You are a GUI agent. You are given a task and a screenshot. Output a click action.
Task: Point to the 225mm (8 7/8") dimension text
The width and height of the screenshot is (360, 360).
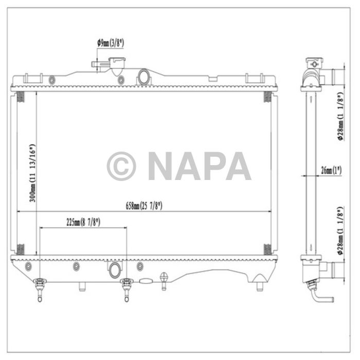(x=83, y=222)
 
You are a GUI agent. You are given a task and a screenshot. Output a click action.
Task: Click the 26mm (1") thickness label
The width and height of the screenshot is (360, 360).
(x=331, y=170)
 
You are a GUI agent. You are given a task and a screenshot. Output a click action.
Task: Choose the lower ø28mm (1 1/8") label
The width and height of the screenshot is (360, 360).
(x=340, y=231)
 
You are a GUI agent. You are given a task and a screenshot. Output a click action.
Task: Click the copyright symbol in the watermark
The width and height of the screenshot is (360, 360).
(x=121, y=166)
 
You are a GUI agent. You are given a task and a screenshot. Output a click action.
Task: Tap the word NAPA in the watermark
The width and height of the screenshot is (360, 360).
(x=199, y=166)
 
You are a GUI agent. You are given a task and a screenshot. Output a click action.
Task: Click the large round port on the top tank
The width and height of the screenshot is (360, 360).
(x=143, y=78)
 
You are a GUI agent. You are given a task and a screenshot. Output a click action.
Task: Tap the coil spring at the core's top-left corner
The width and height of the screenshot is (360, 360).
(x=20, y=97)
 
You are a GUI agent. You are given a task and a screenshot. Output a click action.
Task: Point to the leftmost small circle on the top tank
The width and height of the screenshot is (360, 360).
(x=51, y=80)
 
